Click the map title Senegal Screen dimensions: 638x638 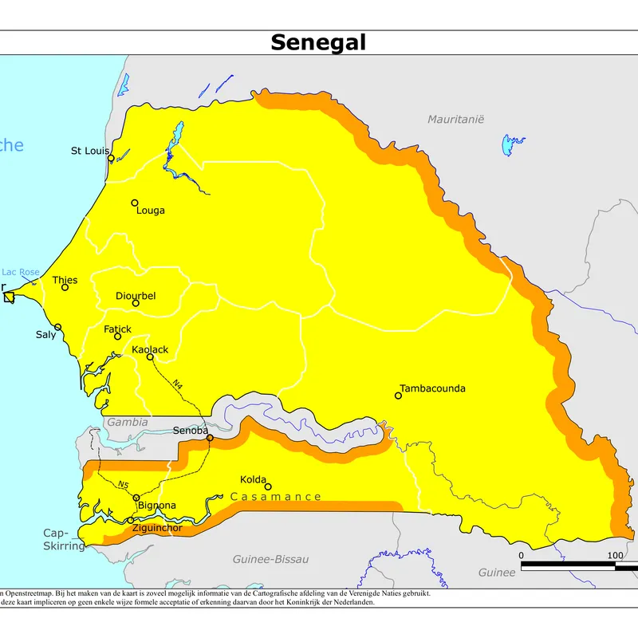[x=318, y=42]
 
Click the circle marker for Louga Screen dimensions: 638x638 [x=135, y=203]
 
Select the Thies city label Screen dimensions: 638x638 [x=65, y=280]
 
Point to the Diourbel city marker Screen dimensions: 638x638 [x=136, y=303]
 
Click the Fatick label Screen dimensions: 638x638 [x=117, y=329]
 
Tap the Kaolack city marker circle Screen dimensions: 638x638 [x=150, y=356]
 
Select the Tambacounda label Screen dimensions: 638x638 [x=432, y=388]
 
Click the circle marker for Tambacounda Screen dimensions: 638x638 [x=398, y=396]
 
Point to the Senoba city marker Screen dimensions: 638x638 [x=210, y=438]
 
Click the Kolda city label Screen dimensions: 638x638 [x=254, y=479]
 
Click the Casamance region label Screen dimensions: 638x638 [x=276, y=497]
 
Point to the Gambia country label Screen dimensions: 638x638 [x=128, y=422]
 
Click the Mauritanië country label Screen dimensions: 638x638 [x=455, y=119]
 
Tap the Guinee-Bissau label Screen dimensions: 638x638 [x=270, y=559]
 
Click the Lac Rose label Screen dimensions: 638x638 [x=21, y=272]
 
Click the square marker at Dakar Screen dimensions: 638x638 [x=9, y=297]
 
